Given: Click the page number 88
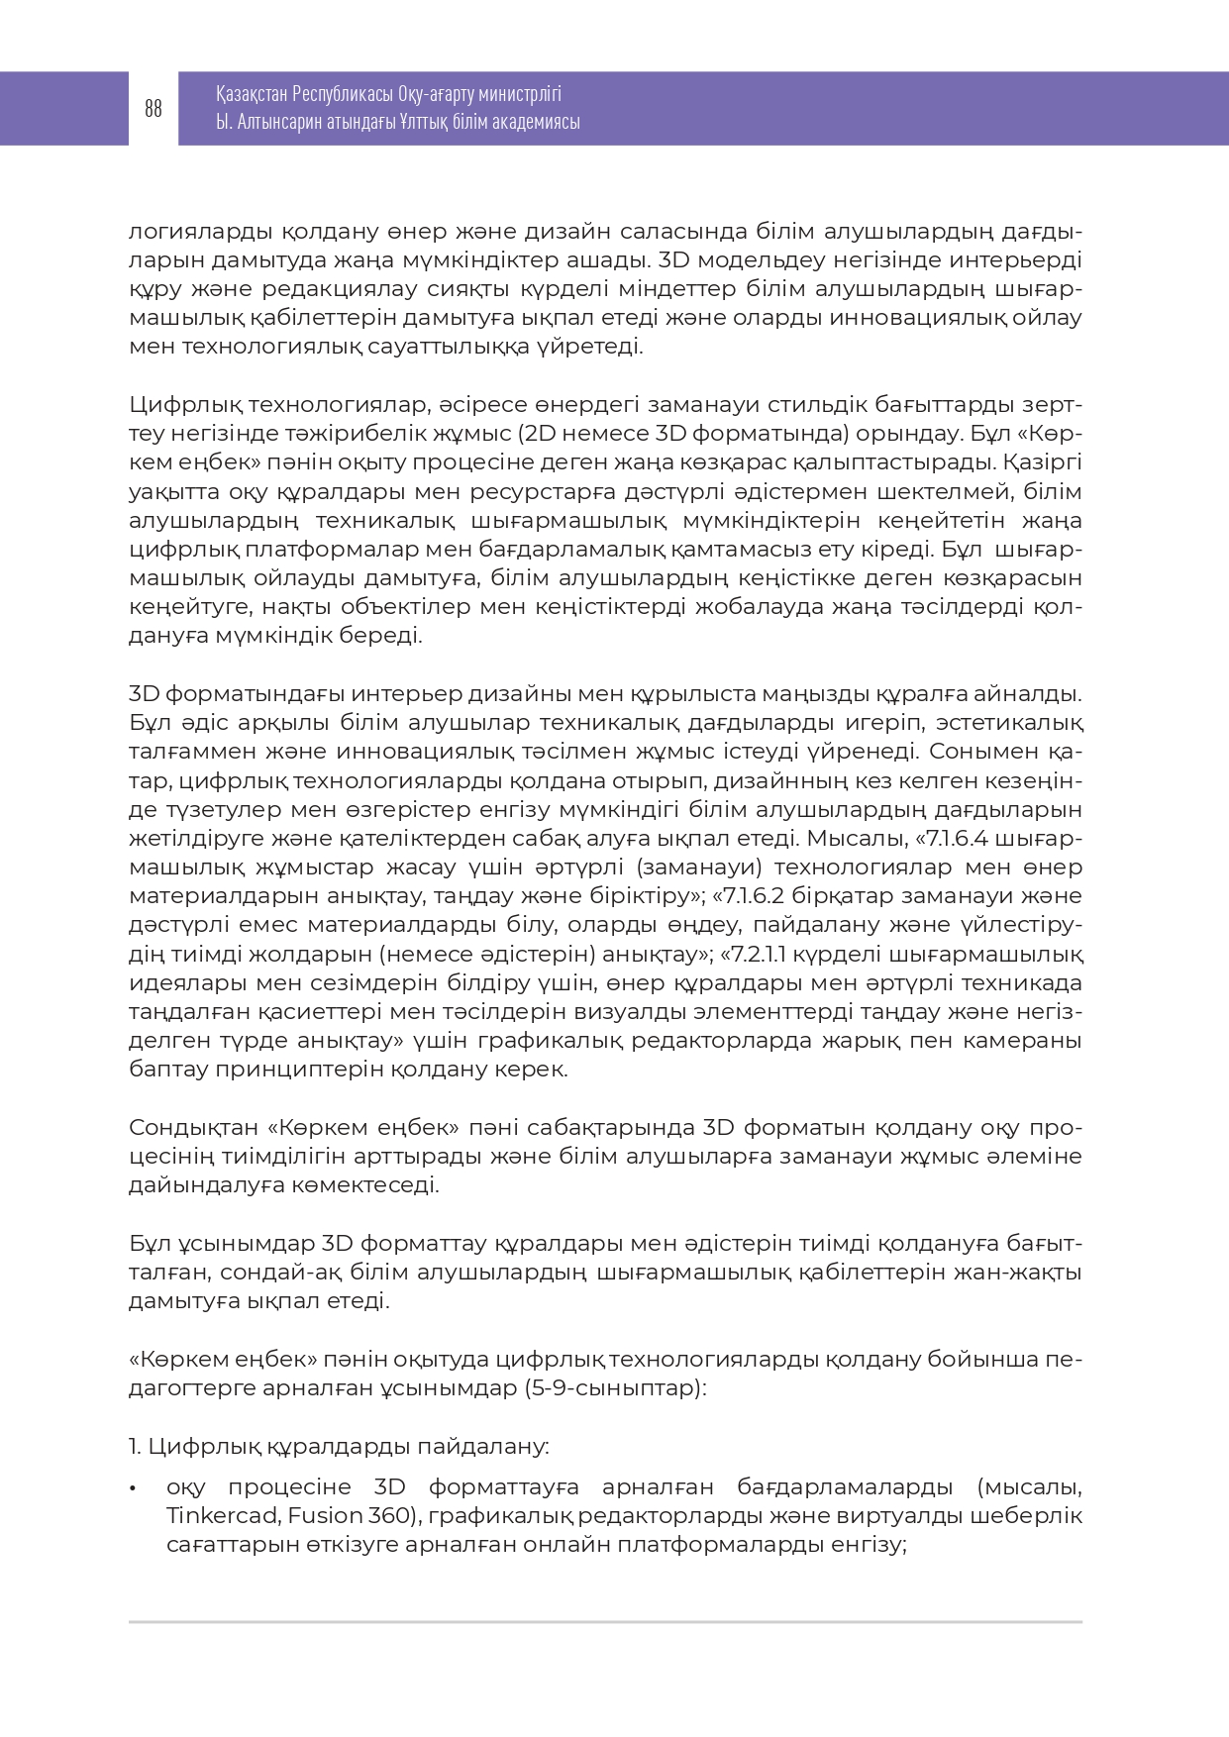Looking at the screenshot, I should tap(153, 109).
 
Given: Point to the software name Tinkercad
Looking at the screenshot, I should tap(223, 1516).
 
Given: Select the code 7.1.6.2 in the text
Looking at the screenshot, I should tap(755, 896).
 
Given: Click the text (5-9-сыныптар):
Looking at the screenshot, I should tap(615, 1388).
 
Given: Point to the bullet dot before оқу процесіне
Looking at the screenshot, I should tap(133, 1488).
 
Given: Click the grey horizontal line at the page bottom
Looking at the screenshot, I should tap(605, 1622).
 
